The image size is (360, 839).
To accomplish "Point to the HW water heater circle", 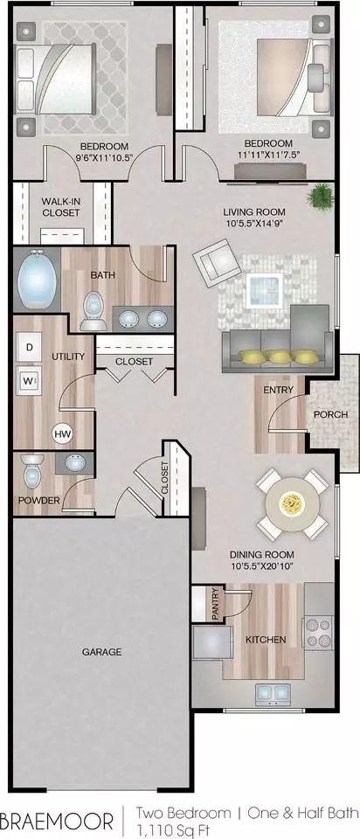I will (x=62, y=433).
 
